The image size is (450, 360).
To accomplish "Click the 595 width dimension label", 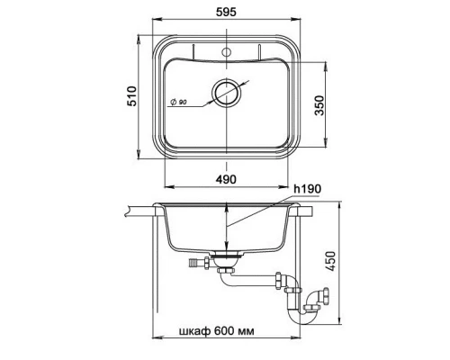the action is (226, 12).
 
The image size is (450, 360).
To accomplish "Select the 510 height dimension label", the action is (131, 96).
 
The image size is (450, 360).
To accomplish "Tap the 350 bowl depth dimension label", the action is (319, 105).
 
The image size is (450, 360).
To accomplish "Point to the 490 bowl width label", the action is (226, 179).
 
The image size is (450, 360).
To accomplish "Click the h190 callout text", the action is (308, 189).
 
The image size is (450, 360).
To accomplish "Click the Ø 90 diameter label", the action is (179, 102).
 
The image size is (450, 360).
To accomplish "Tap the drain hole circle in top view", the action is (227, 92).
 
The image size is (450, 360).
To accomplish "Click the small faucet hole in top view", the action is (227, 52).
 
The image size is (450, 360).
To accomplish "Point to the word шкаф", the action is (194, 331).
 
